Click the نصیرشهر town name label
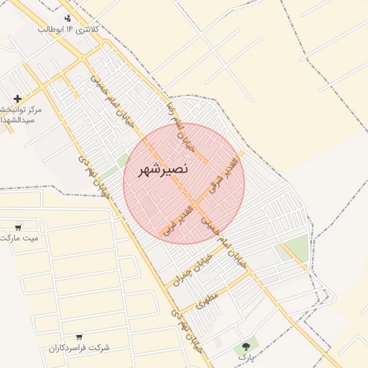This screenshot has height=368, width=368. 163,169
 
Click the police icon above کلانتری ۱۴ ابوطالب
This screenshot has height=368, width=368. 68,17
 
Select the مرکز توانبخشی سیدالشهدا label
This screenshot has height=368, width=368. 22,115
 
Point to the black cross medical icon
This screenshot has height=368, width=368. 17,98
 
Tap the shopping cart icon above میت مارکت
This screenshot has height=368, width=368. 17,227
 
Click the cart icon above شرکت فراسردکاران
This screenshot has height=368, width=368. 79,336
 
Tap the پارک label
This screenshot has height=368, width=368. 247,357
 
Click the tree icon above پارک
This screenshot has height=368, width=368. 247,346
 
